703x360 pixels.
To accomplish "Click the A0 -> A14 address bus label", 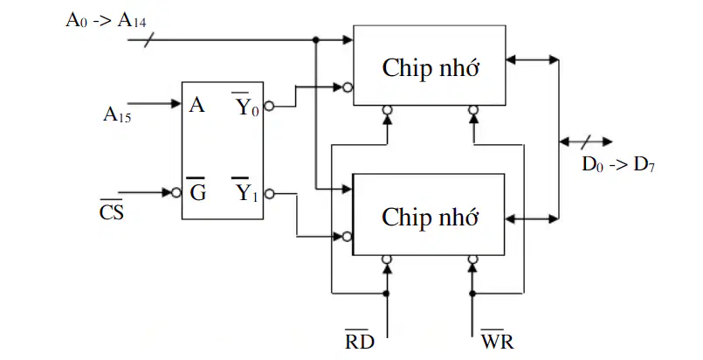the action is coord(106,20).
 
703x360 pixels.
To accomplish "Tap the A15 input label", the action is coord(117,114).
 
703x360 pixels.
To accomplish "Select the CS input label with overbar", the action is coord(111,210).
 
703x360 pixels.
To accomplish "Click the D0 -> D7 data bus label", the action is coord(618,164).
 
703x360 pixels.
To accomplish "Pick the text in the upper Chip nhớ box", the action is coord(431,68).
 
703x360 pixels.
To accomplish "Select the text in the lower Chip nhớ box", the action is coord(430,217).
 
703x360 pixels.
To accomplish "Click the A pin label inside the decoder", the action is coord(196,105).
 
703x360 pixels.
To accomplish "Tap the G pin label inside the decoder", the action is coord(197,190).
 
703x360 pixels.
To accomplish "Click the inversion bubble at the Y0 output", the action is coord(269,107).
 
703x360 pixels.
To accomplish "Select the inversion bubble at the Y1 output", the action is coord(269,194).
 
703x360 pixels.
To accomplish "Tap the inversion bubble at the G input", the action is coord(176,193).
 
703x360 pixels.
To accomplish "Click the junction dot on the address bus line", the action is coord(316,40).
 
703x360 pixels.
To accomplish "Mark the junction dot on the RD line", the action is coord(387,294).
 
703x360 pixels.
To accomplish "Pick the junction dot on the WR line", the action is coord(472,294).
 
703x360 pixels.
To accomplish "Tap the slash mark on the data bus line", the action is coord(586,142).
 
